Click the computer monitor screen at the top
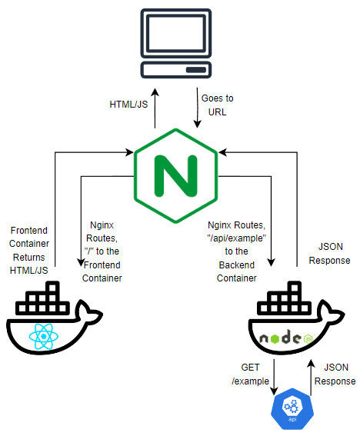click(x=176, y=33)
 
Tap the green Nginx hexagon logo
click(x=176, y=176)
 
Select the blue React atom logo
click(x=44, y=337)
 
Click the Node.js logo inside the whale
click(x=286, y=338)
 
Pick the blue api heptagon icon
click(x=292, y=408)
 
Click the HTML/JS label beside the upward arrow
click(x=128, y=105)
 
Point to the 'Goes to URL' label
click(x=217, y=105)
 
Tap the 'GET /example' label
click(x=251, y=374)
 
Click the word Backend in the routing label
click(x=236, y=265)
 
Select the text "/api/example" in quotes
click(x=236, y=238)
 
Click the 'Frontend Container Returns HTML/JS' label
click(x=29, y=250)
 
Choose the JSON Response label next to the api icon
click(x=335, y=374)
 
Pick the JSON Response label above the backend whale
click(x=330, y=253)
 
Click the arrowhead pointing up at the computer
click(x=155, y=92)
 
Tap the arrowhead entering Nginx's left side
click(x=130, y=152)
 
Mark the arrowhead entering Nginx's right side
click(x=222, y=152)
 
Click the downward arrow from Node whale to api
click(x=274, y=377)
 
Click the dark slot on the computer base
click(x=196, y=70)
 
